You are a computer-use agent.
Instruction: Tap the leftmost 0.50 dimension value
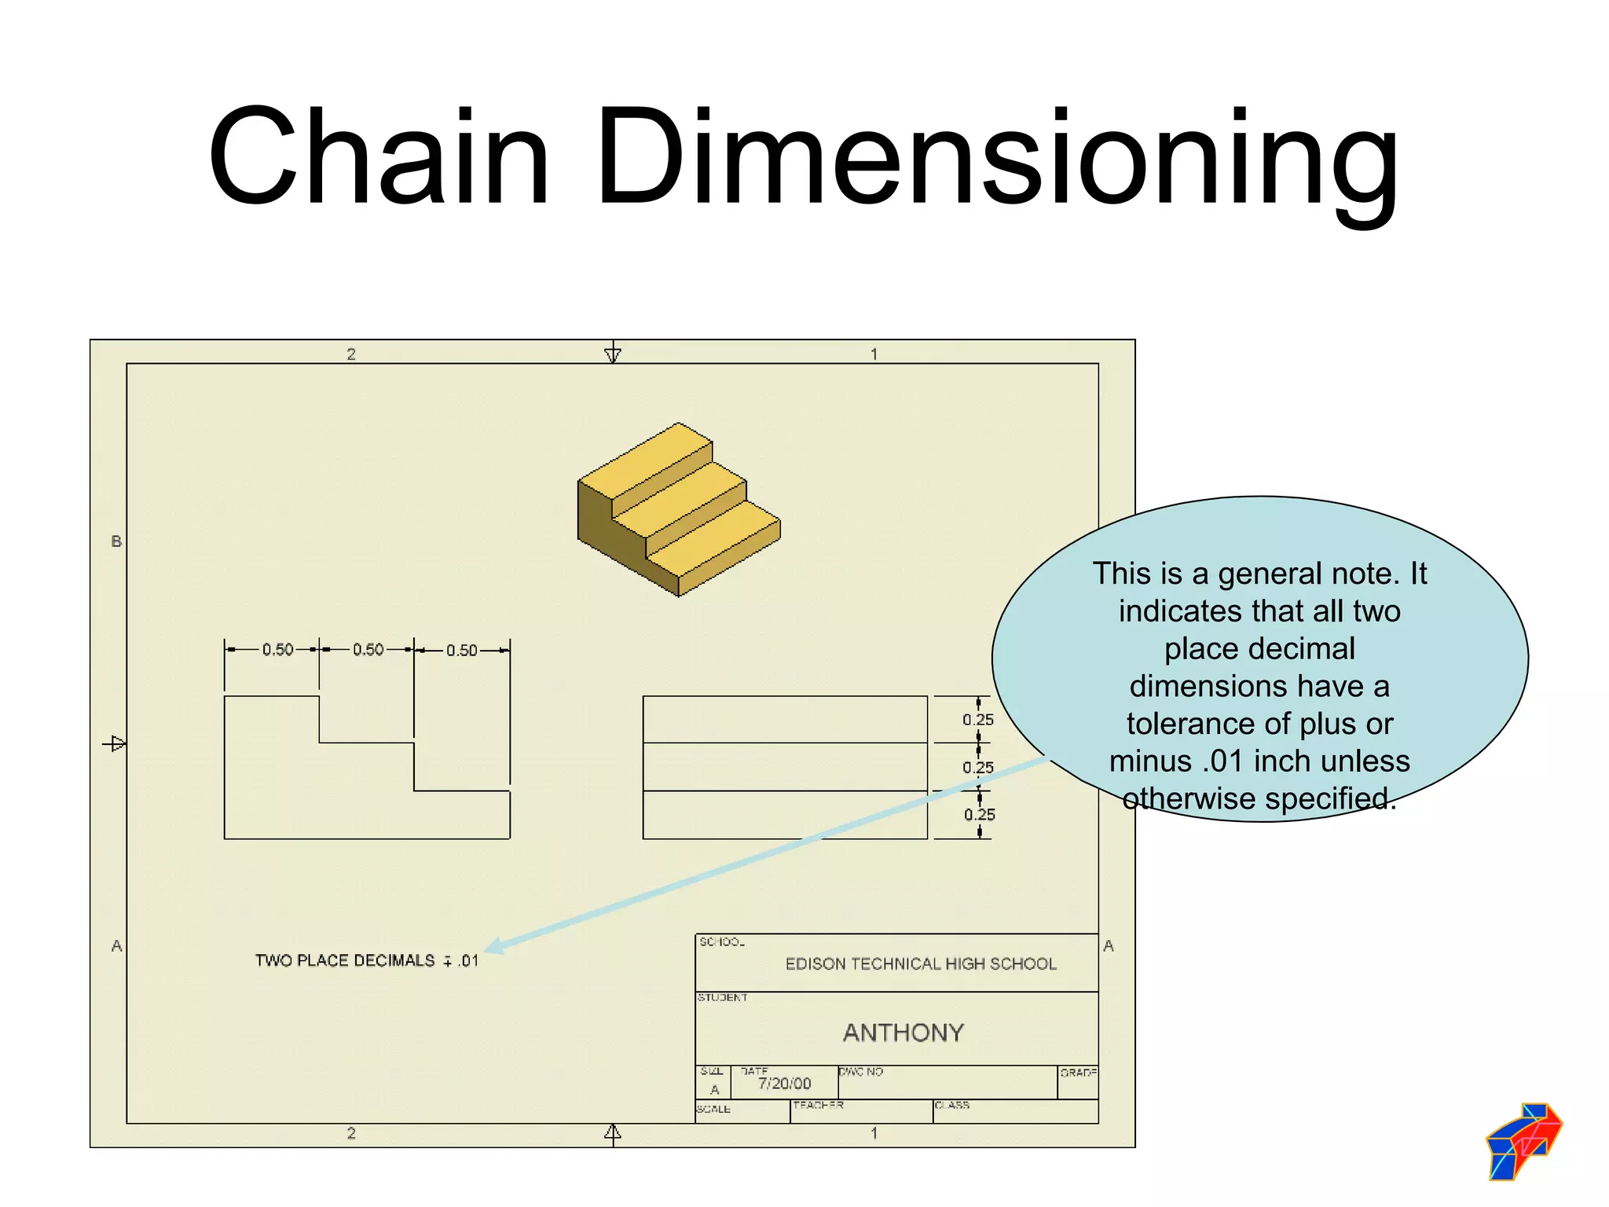[277, 650]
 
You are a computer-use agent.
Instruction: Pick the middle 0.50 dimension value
[368, 650]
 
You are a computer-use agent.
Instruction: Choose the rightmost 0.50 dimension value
[461, 651]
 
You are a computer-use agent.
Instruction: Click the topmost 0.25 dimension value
[977, 720]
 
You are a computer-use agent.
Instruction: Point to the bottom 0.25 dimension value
[979, 815]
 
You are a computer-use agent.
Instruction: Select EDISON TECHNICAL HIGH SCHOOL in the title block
[921, 964]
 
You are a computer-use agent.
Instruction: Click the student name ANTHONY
[903, 1033]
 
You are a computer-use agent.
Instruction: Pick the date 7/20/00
[784, 1084]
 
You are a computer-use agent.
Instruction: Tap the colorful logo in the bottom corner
[1523, 1141]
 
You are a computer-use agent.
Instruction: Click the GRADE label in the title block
[1078, 1073]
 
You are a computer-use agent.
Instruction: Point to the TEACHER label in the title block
[818, 1105]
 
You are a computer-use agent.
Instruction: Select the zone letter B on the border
[116, 541]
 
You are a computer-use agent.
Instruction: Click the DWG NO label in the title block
[861, 1072]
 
